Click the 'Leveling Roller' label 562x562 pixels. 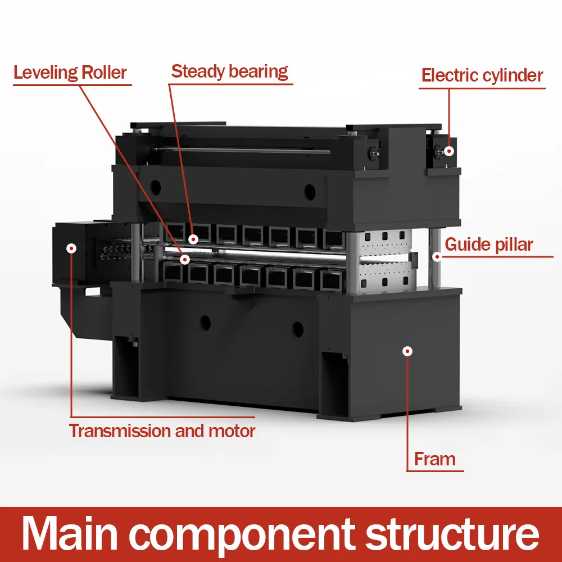point(70,73)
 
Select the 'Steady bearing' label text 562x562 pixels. point(229,72)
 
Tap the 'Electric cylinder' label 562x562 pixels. point(482,76)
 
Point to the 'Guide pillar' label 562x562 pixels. point(488,245)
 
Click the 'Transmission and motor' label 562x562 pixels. point(162,432)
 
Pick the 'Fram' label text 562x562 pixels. point(434,459)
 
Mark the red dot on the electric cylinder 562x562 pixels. point(448,151)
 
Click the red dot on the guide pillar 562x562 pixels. point(436,256)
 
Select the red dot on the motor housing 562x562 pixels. point(71,248)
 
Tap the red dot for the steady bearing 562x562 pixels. point(193,239)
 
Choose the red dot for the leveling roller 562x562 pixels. point(185,259)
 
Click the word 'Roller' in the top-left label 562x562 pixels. point(104,73)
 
